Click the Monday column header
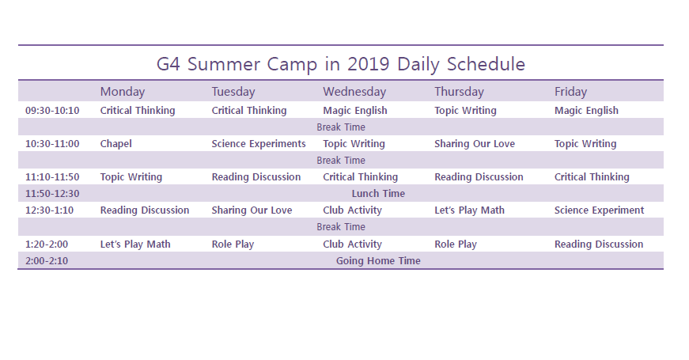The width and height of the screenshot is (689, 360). coord(123,92)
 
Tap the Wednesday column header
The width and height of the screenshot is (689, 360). coord(354,92)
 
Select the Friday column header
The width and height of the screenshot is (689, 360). coord(571,92)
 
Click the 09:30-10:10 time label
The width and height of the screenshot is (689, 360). coord(52,110)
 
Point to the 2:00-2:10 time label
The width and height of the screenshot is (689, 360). coord(47,260)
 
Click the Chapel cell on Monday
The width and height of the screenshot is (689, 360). coord(116,144)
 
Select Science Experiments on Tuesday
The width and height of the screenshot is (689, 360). coord(259,144)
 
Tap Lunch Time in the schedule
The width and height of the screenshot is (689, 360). coord(378,193)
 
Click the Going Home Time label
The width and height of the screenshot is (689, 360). coord(378,260)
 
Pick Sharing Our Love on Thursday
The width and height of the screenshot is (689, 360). coord(475,144)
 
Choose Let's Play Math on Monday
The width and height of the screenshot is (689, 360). coord(135,244)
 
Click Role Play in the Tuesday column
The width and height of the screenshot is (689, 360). coord(233,244)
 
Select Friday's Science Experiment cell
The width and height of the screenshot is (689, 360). coord(600,210)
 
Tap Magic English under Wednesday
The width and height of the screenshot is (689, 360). coord(355,110)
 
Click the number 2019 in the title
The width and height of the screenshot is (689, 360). coord(369,64)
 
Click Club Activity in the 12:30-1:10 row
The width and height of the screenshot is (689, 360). coord(352,210)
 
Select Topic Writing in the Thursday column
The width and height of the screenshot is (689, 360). coord(466,110)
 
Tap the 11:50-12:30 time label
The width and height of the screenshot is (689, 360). coord(52,193)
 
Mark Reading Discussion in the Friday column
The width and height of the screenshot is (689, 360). coord(599,244)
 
